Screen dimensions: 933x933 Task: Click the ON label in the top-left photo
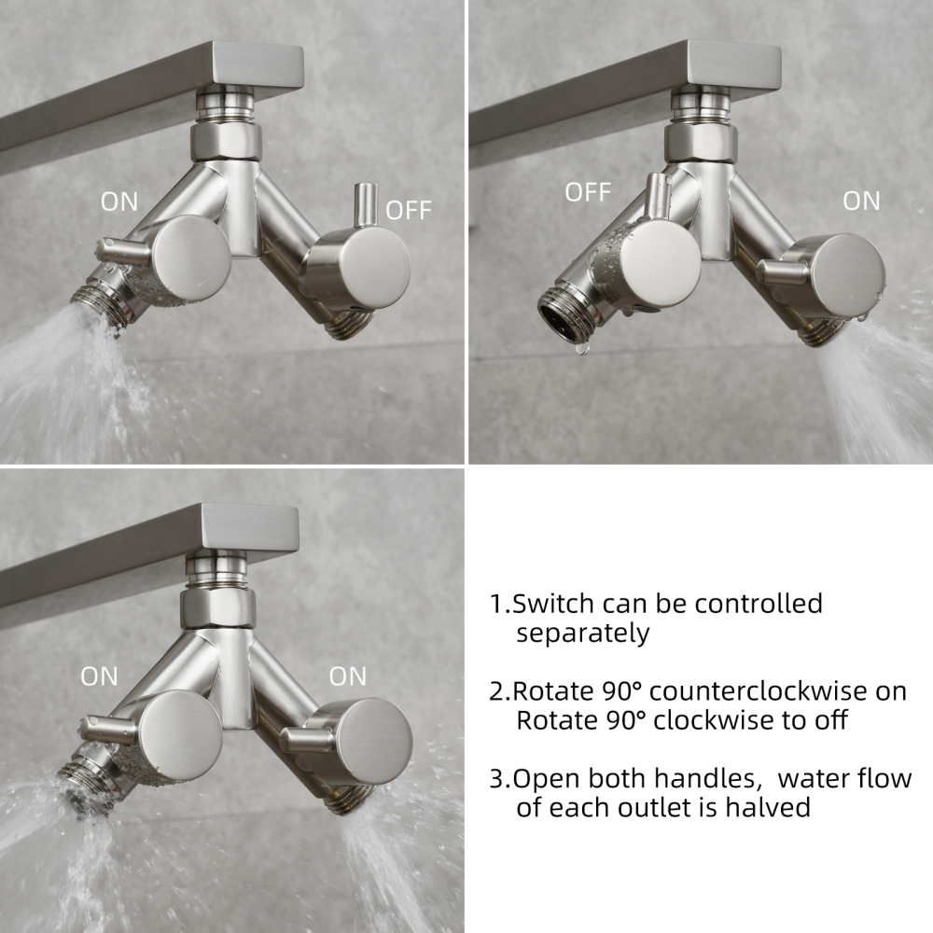pyautogui.click(x=118, y=202)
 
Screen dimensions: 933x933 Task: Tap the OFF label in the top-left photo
pyautogui.click(x=409, y=210)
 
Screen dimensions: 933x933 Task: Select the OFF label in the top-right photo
pyautogui.click(x=588, y=192)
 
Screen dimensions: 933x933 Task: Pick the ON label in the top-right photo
pyautogui.click(x=860, y=201)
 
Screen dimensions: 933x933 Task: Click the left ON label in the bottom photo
pyautogui.click(x=99, y=676)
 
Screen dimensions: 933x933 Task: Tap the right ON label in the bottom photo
pyautogui.click(x=347, y=676)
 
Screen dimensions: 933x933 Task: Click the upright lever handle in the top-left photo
pyautogui.click(x=364, y=207)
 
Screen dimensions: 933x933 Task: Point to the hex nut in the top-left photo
pyautogui.click(x=227, y=141)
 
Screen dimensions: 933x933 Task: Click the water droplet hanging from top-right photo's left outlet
pyautogui.click(x=581, y=347)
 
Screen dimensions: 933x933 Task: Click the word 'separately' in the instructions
pyautogui.click(x=582, y=634)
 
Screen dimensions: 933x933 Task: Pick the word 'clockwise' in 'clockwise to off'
pyautogui.click(x=709, y=721)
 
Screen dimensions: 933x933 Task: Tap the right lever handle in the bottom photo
pyautogui.click(x=303, y=741)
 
